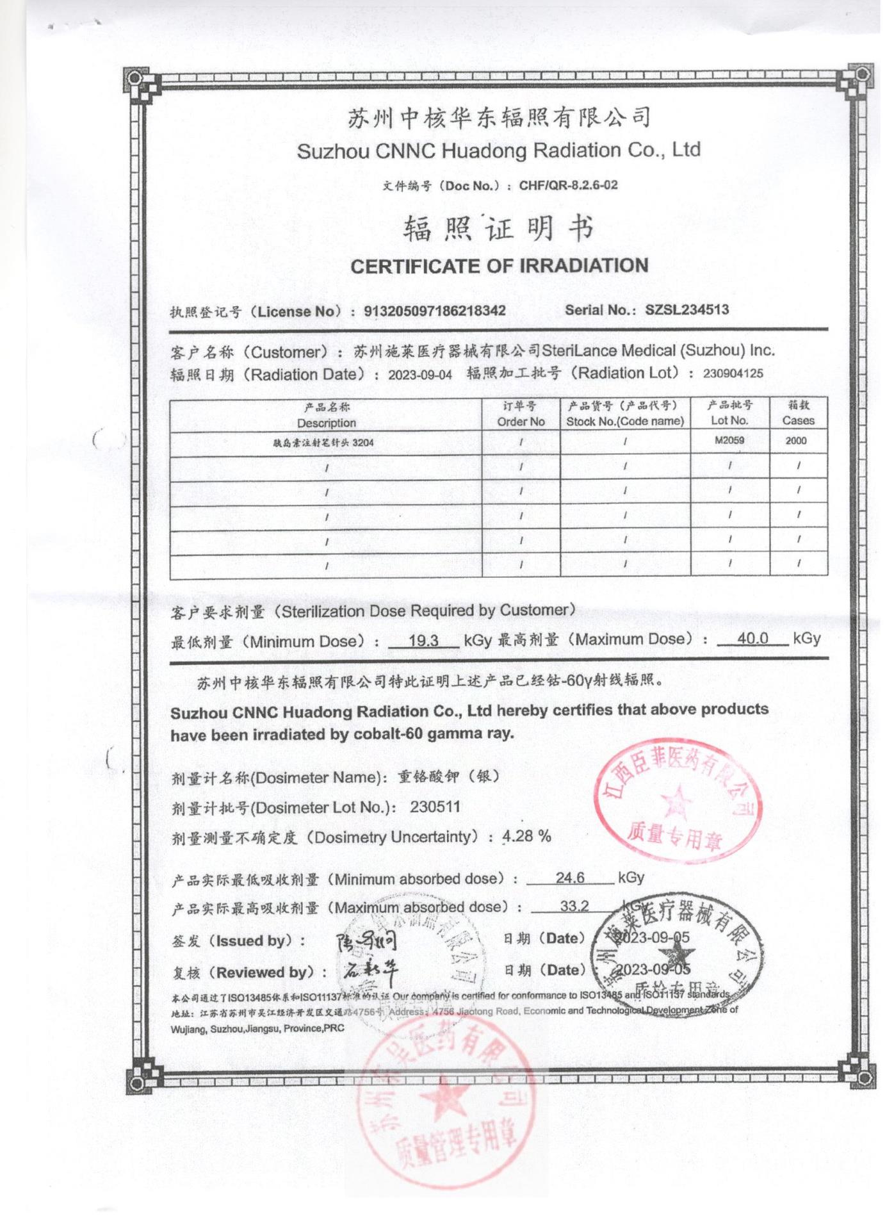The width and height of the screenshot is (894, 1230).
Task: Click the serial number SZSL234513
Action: [687, 310]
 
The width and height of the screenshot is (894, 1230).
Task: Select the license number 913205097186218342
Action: [435, 311]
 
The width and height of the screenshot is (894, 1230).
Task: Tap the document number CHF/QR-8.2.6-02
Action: [568, 185]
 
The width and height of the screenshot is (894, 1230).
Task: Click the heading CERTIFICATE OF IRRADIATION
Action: [499, 266]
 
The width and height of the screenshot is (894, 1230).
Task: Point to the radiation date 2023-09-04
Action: [419, 375]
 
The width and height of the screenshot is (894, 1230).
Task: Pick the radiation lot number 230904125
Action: [733, 373]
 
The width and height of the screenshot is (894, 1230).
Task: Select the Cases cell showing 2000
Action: [796, 441]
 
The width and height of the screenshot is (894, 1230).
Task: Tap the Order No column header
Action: [521, 414]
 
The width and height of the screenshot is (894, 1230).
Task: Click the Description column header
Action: [326, 415]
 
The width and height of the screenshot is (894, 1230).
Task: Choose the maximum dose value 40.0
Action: [752, 638]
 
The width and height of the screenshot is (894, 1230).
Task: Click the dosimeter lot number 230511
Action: [435, 807]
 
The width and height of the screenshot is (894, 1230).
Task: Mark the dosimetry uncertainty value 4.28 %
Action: [526, 836]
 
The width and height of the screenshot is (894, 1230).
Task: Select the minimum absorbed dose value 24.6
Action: [570, 878]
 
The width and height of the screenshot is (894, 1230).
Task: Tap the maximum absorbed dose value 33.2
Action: [574, 906]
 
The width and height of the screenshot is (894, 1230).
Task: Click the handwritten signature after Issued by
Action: [366, 940]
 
